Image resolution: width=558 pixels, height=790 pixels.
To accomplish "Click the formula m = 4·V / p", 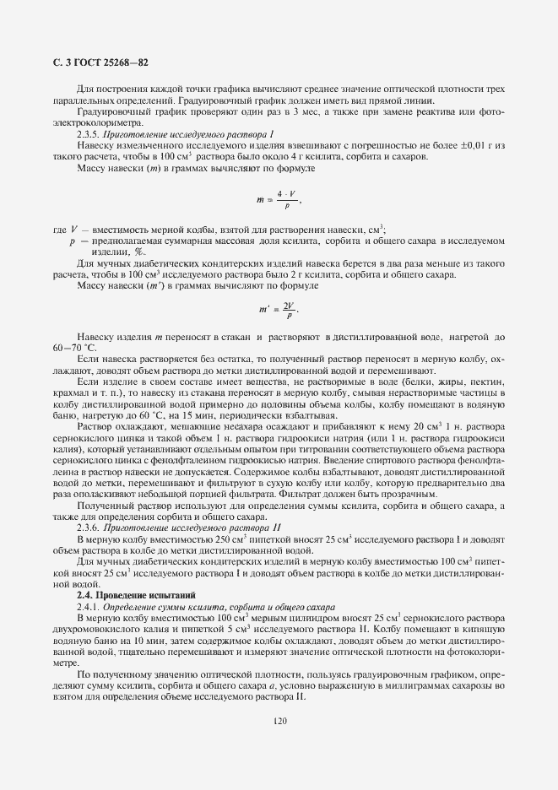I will click(x=279, y=200).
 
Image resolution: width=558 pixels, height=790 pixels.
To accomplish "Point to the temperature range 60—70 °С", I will click(x=75, y=348).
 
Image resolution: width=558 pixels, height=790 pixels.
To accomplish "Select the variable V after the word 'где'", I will click(x=75, y=229).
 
